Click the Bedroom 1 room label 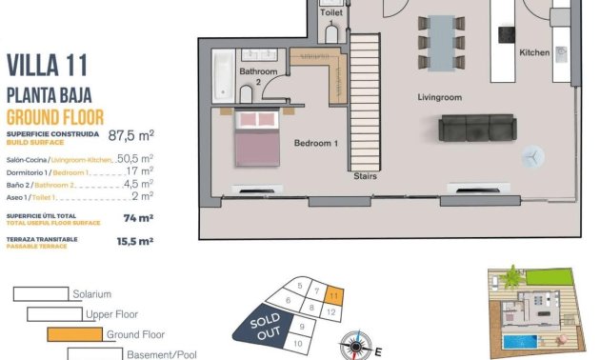(315, 143)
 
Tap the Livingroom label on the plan (439, 97)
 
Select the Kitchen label (534, 53)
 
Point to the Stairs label (365, 176)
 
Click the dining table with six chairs (441, 41)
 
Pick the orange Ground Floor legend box (74, 334)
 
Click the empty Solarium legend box (41, 294)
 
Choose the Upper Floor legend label (113, 314)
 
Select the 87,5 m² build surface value (131, 135)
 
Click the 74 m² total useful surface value (139, 218)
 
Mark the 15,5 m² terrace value (134, 242)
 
